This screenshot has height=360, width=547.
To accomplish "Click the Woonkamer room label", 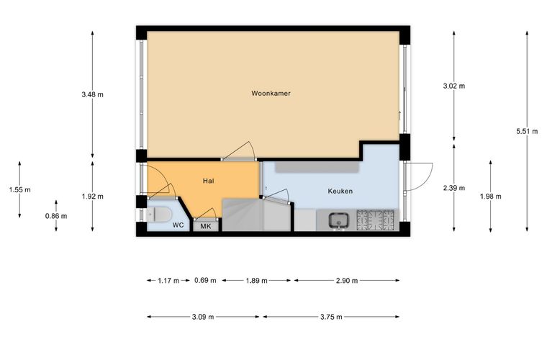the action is [x=271, y=94].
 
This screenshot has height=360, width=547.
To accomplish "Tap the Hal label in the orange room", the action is [x=208, y=181].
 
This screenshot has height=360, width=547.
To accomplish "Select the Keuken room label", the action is [x=340, y=192].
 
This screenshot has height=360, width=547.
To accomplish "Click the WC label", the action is [x=178, y=225].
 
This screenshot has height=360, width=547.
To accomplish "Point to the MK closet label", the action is [x=206, y=226].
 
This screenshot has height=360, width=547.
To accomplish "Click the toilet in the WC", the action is [x=159, y=215].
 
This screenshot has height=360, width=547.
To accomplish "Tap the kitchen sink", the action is [x=338, y=221].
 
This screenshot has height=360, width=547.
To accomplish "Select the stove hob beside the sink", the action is [x=376, y=220].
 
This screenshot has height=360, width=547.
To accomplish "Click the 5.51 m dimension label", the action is [x=527, y=132].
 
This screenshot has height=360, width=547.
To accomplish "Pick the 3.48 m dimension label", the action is [x=92, y=94].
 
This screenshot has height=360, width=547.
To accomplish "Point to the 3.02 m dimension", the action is [x=454, y=86].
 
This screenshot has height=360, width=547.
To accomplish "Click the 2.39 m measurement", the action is [x=454, y=188].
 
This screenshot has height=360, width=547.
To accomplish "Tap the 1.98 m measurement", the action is [x=490, y=197].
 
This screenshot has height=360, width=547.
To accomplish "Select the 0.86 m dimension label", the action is [x=56, y=216].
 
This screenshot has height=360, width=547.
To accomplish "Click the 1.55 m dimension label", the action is [x=19, y=190].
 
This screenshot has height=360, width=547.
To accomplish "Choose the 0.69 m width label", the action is [x=205, y=280].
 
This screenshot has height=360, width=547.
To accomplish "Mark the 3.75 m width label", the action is [x=331, y=317].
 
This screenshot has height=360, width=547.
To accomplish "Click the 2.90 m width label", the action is [x=347, y=281].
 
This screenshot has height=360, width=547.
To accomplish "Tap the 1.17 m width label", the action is [x=168, y=281].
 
